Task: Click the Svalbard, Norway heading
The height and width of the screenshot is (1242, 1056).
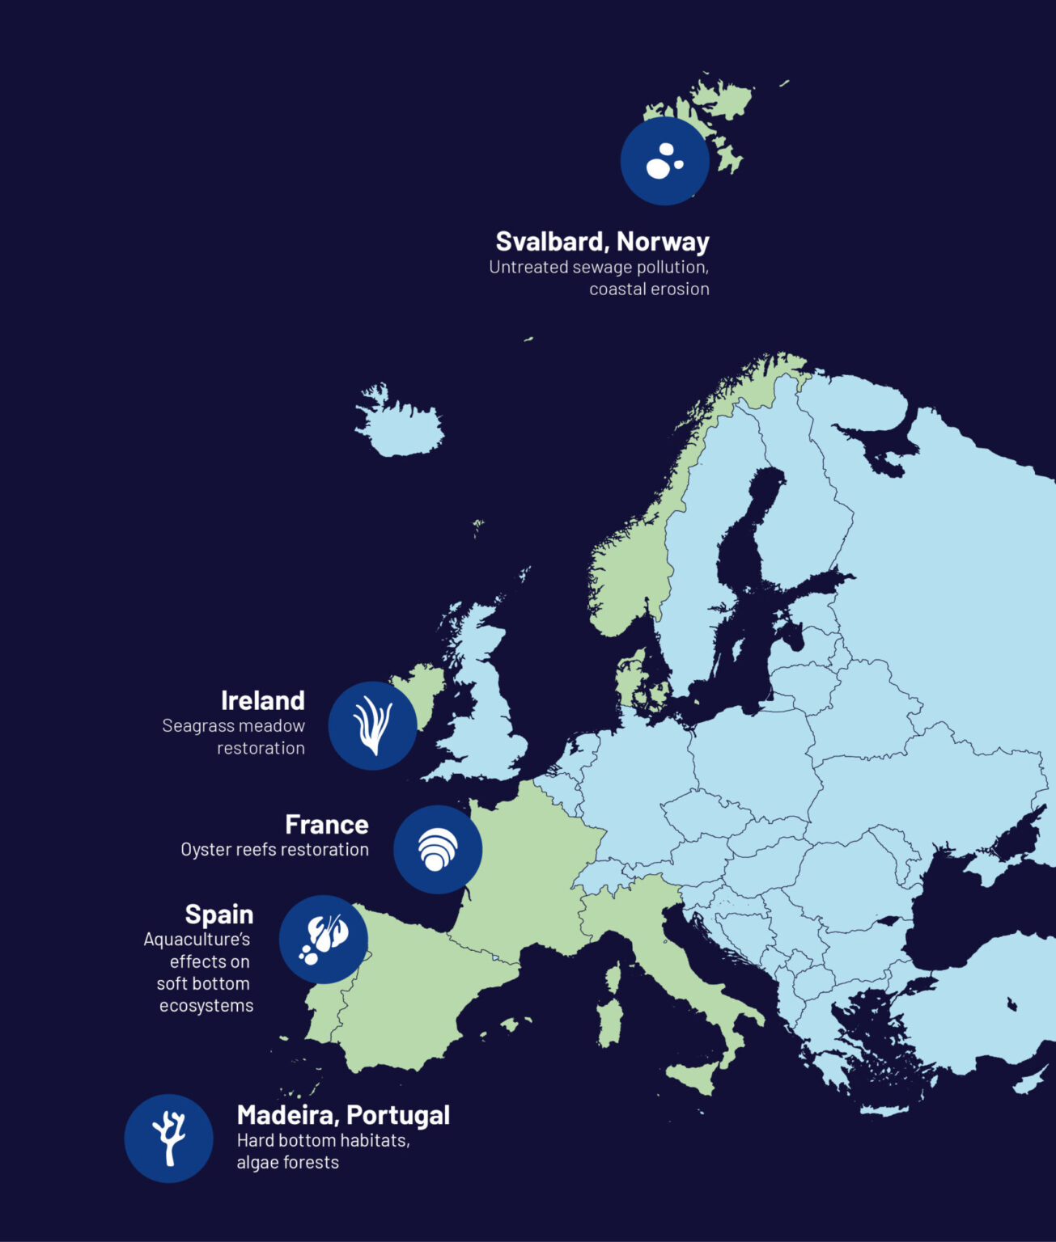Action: (x=602, y=241)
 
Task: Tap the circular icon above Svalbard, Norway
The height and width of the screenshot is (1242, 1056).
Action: (x=665, y=161)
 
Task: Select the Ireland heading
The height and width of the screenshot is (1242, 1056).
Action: (x=262, y=700)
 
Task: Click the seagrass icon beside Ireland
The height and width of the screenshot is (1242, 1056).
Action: (x=372, y=725)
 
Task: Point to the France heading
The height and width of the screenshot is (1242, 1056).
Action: (x=326, y=824)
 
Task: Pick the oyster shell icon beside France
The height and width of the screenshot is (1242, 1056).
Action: (x=438, y=849)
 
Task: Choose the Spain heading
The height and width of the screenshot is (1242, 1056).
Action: (x=218, y=914)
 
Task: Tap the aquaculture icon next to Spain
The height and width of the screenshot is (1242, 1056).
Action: (x=324, y=940)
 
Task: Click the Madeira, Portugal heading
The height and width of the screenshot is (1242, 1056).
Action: (x=343, y=1114)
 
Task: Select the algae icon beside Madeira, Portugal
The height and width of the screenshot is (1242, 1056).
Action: (x=168, y=1138)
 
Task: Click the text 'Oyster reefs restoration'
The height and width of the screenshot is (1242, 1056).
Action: (x=274, y=850)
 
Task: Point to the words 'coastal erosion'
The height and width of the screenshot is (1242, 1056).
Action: (x=649, y=289)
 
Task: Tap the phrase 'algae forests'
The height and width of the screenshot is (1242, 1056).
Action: (x=287, y=1163)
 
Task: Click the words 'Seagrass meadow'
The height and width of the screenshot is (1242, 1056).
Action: (x=233, y=726)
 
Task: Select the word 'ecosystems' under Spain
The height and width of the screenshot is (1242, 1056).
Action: (x=206, y=1006)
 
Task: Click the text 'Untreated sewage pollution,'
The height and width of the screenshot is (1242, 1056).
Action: (x=599, y=268)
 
